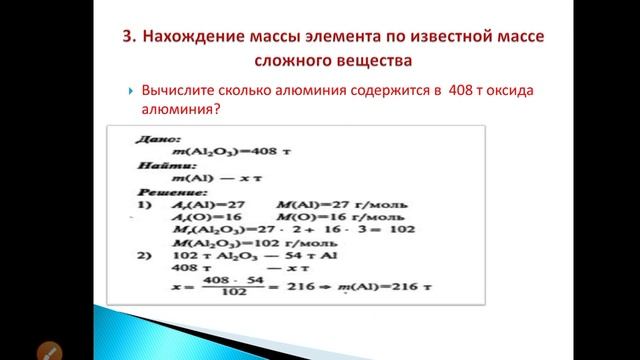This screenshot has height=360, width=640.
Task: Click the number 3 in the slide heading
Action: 126,37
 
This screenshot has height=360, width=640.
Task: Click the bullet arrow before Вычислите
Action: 131,92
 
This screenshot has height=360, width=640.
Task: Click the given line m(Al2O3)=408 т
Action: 221,151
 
